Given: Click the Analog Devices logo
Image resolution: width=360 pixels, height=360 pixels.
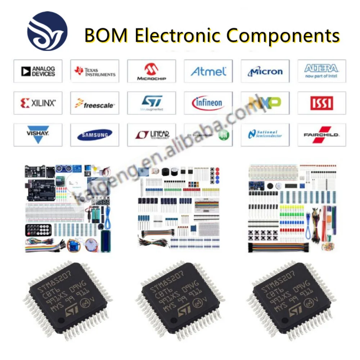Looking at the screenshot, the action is coord(38,71).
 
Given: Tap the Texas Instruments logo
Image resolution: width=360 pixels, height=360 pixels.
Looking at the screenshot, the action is coord(95,71).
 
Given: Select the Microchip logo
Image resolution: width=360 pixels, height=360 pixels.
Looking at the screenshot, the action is coord(152,71).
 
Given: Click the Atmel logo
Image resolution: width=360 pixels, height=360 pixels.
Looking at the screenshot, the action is coord(208,71).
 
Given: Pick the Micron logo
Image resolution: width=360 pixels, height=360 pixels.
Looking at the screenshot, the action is coord(265,72).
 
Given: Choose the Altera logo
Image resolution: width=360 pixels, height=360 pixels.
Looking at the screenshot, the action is coord(321,71).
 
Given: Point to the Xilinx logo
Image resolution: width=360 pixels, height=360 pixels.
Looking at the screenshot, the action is coord(38,103).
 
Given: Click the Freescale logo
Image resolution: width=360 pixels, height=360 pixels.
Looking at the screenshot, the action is coord(95,104).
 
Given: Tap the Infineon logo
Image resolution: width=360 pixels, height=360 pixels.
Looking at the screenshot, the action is coord(208,103).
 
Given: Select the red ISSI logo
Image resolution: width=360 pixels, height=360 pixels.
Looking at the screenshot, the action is coord(321,103).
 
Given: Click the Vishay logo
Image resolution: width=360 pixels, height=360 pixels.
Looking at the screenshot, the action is coord(38,134).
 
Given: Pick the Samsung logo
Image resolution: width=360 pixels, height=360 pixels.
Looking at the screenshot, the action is coord(95,135).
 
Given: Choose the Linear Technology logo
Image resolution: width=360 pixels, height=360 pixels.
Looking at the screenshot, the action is coord(152,135).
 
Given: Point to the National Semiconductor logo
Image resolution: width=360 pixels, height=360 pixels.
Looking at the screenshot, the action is coord(265,135).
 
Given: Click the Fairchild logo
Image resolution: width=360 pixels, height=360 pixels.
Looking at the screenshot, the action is coord(321,135).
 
